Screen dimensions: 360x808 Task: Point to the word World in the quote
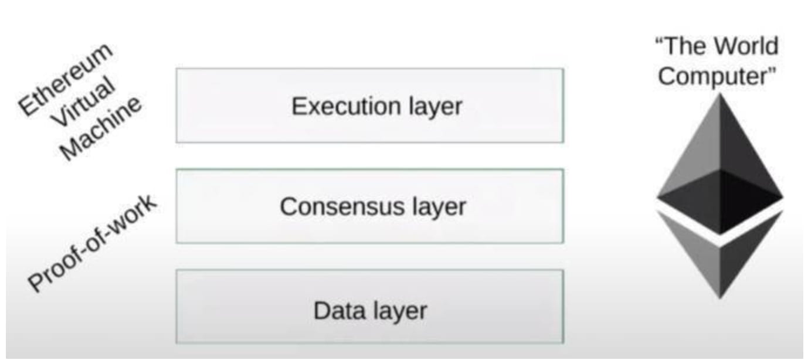pyautogui.click(x=744, y=46)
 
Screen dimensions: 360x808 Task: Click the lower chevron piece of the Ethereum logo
pyautogui.click(x=720, y=258)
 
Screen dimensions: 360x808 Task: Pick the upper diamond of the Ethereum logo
pyautogui.click(x=720, y=170)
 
